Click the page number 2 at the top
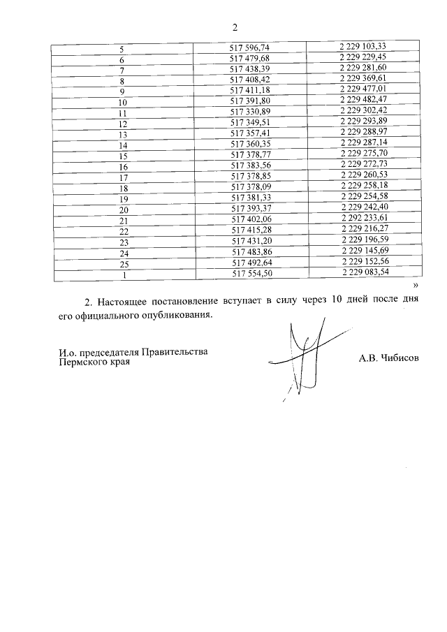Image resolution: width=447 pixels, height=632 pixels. [235, 27]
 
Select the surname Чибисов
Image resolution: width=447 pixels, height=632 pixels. [400, 358]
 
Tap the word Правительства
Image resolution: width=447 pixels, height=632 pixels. [174, 352]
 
